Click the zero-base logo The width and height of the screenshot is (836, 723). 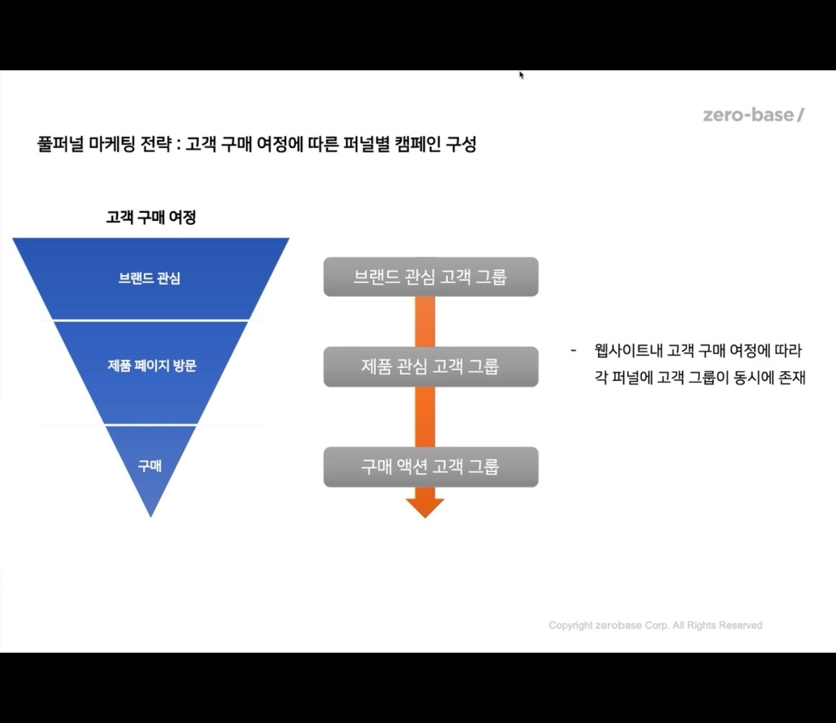(753, 115)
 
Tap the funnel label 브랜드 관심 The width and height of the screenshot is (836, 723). (150, 278)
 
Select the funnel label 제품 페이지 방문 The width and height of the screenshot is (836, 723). (152, 366)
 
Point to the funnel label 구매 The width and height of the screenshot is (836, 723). (150, 466)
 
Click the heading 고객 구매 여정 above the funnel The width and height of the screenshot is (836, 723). (151, 217)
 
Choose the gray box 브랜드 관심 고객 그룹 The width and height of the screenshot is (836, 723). (431, 277)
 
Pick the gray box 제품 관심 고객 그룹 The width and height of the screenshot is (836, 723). (431, 367)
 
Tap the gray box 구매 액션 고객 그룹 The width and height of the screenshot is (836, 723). (431, 467)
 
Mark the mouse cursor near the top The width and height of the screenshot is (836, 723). (521, 74)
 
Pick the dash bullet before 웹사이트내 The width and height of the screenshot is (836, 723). (574, 351)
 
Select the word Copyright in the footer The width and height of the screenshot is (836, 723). (571, 625)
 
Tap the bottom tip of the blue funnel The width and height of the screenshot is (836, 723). (151, 514)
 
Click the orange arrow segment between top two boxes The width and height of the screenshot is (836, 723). (425, 321)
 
